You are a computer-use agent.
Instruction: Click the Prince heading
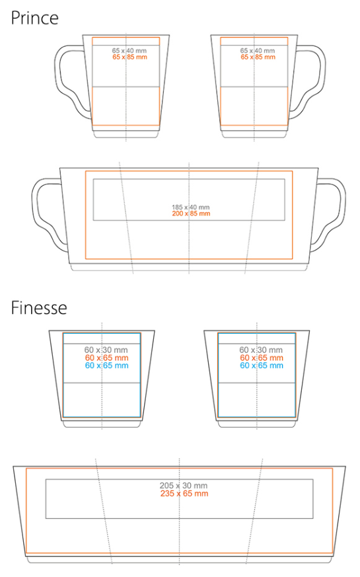point(34,19)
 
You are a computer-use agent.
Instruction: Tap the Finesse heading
point(39,307)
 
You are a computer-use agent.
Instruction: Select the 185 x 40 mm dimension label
point(190,207)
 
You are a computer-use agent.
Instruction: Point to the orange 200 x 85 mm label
point(191,213)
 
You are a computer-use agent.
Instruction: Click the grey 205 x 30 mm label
point(184,485)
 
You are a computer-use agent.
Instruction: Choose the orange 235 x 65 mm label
point(184,494)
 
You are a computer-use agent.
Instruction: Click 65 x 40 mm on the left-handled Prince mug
point(129,51)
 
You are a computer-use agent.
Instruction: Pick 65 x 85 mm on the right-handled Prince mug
point(258,57)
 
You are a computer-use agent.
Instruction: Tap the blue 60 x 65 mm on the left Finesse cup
point(106,365)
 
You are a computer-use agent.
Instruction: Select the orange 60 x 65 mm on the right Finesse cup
point(262,358)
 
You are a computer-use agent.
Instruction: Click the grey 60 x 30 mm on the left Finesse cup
point(106,350)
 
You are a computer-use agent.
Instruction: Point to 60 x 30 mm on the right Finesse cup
point(261,350)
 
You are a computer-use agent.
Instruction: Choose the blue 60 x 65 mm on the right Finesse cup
point(262,365)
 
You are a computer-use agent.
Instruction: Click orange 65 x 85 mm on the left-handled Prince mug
point(130,57)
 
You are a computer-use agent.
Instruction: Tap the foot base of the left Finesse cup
point(102,424)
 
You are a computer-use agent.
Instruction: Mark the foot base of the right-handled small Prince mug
point(254,134)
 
